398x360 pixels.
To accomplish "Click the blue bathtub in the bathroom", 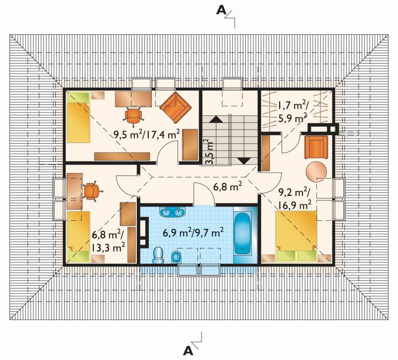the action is click(242, 233).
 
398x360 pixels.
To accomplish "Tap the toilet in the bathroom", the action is click(158, 255).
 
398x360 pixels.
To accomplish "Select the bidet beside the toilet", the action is click(176, 257).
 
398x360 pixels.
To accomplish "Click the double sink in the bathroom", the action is click(172, 212).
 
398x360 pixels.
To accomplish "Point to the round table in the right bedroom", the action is click(316, 171).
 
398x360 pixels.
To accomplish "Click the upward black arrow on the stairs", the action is click(215, 119).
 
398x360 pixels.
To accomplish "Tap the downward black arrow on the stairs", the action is click(244, 161).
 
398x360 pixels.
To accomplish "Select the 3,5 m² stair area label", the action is click(209, 152).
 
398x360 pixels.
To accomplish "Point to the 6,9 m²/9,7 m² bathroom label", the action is click(193, 233).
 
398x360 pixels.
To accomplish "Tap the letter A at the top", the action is click(221, 10).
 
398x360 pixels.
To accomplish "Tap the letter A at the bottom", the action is click(188, 351).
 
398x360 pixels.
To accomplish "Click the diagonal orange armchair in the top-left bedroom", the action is click(175, 107).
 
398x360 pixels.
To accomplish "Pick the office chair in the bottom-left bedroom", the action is click(92, 191).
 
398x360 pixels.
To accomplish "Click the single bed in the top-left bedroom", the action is click(78, 117).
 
